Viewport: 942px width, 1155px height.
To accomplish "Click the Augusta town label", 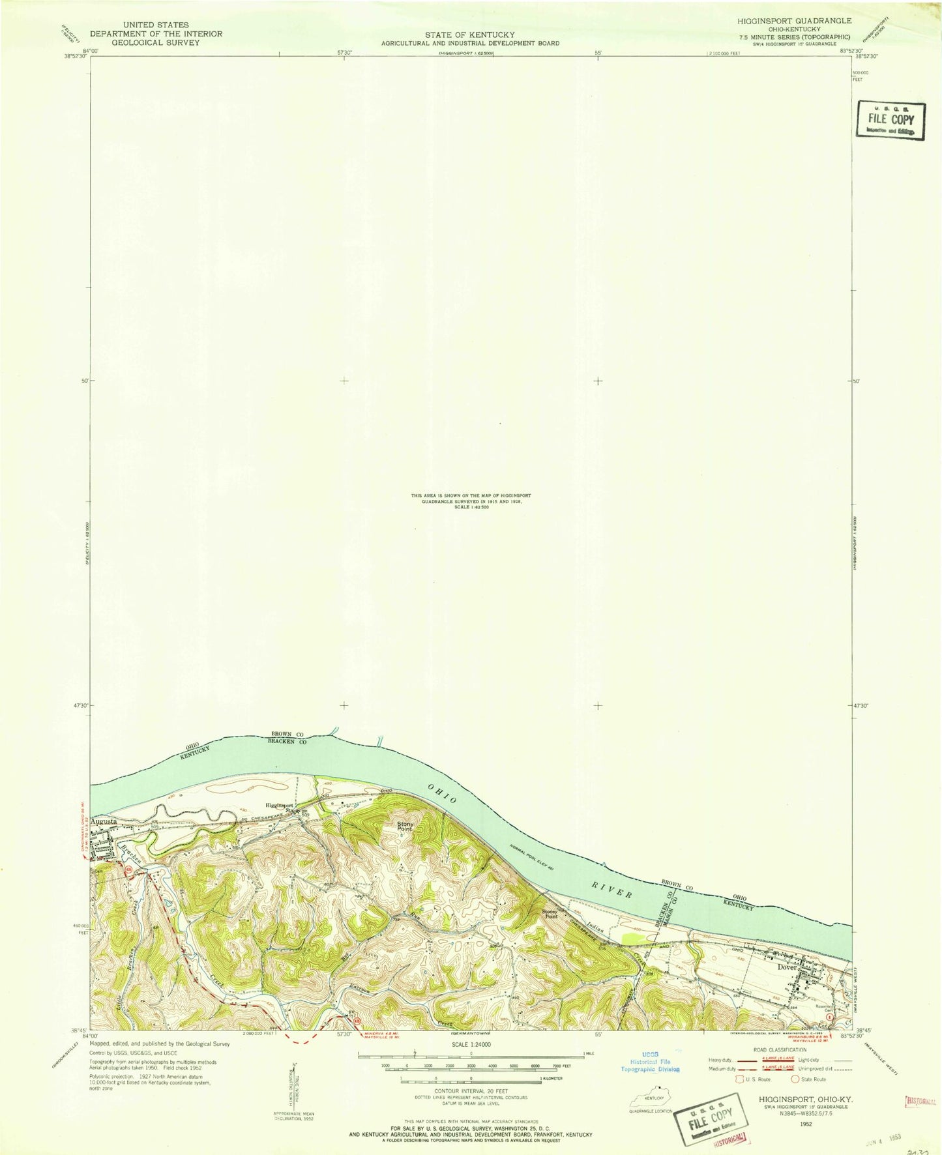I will coord(104,823).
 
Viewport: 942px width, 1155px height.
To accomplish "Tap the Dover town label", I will coord(787,967).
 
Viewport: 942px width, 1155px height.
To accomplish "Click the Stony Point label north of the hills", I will coord(405,826).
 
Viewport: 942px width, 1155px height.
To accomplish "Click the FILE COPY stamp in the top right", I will coord(890,120).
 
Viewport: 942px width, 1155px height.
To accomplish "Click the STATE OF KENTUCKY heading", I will coord(470,35).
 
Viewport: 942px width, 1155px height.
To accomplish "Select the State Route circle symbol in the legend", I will coord(795,1079).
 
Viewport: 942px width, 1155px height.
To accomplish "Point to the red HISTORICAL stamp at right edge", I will coord(920,1102).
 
